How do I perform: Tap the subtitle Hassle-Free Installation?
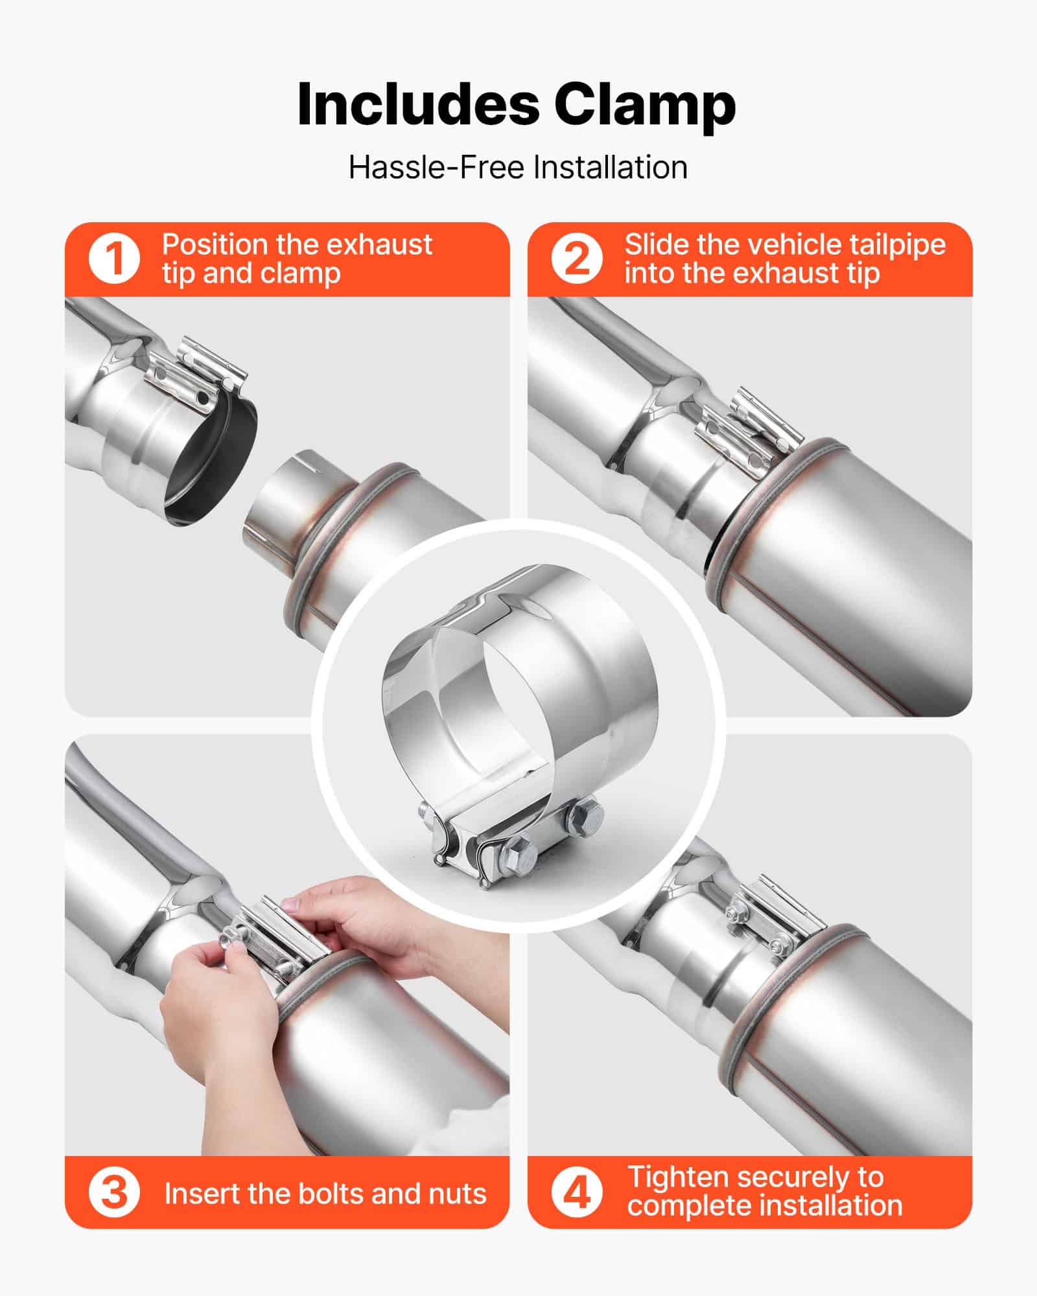coord(518,167)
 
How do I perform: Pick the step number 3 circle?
coord(114,1193)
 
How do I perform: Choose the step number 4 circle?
coord(576,1193)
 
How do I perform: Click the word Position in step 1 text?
coord(214,245)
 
